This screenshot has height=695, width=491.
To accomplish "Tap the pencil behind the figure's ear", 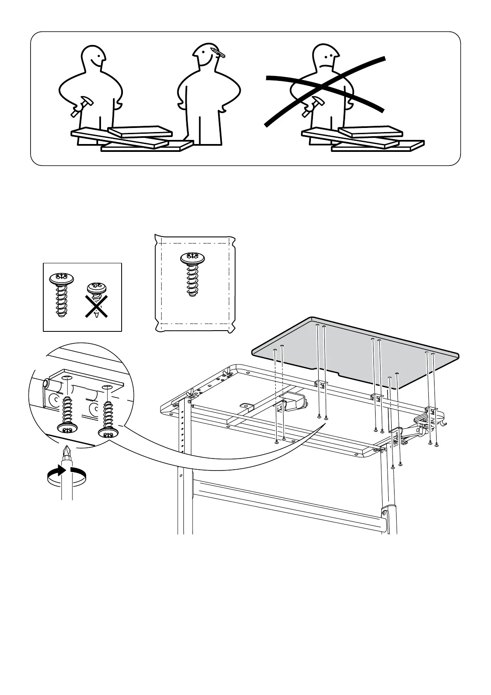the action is [x=218, y=52].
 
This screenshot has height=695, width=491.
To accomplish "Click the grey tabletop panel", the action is [x=355, y=351].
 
